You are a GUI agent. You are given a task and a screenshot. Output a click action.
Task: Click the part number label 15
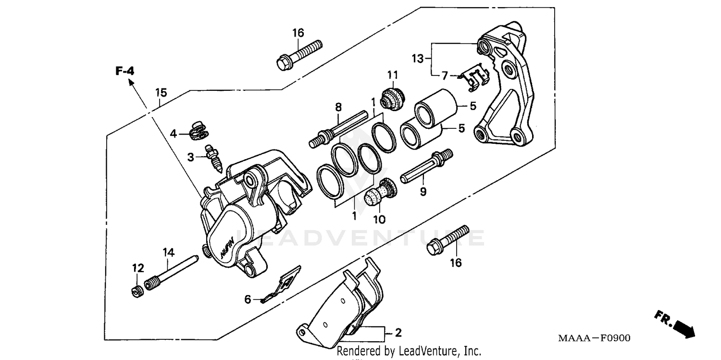[x=161, y=92]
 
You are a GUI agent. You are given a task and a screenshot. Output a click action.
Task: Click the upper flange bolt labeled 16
[x=299, y=53]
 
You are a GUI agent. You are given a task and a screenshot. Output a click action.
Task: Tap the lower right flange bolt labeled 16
[x=448, y=240]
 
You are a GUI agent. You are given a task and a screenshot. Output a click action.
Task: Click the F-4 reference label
[x=124, y=71]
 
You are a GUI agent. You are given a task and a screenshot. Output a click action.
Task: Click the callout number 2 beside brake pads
[x=398, y=333]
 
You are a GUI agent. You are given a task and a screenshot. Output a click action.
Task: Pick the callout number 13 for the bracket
[x=418, y=59]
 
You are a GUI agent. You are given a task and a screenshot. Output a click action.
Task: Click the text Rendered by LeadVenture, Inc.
[x=409, y=351]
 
